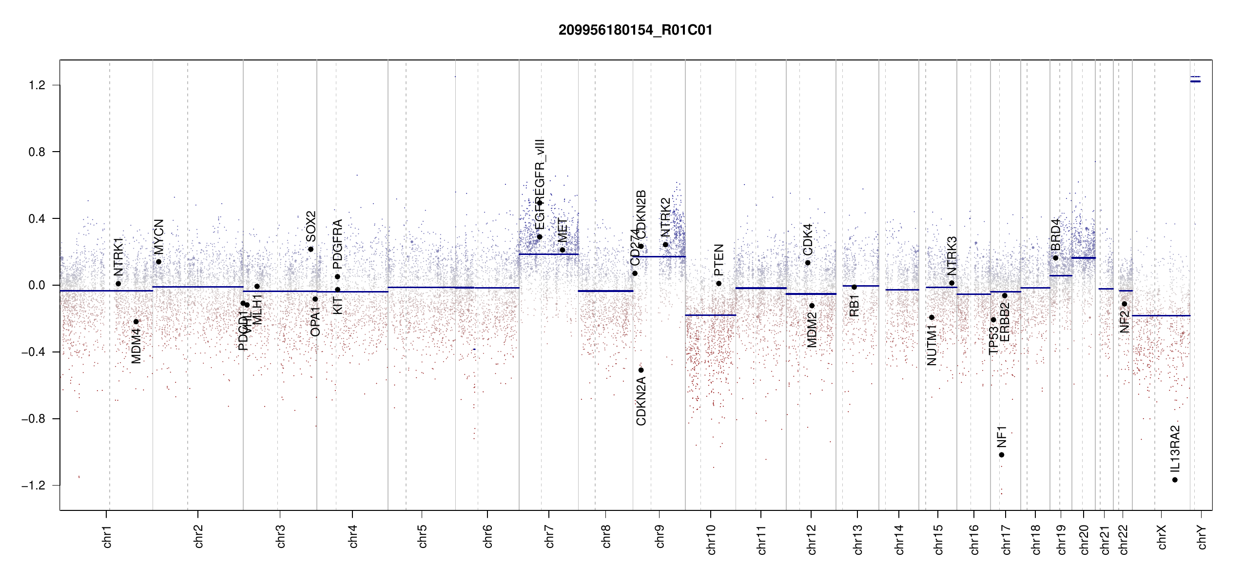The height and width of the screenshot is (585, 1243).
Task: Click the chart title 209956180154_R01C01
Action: click(635, 30)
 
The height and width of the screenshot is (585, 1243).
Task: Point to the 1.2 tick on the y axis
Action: click(37, 85)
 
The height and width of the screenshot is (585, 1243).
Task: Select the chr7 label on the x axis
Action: click(549, 536)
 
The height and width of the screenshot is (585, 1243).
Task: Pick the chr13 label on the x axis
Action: click(858, 539)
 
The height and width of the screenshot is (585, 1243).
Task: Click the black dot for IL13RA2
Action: click(1175, 480)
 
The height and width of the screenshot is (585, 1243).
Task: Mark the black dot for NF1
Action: click(1001, 455)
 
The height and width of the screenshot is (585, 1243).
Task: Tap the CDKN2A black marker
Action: click(641, 370)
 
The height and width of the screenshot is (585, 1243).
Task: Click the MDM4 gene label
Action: click(136, 346)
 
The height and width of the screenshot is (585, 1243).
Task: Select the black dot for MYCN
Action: click(158, 262)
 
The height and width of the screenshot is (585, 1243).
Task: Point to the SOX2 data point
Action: click(311, 249)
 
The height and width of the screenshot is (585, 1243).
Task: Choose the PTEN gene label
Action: click(719, 259)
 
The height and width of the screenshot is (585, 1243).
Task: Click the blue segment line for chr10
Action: click(710, 315)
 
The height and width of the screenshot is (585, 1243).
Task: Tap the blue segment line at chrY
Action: click(1195, 81)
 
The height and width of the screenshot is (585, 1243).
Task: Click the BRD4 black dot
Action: click(1056, 258)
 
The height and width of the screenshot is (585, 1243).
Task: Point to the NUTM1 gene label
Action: click(932, 348)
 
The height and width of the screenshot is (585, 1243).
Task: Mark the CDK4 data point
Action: click(808, 263)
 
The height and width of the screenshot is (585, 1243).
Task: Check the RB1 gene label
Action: click(854, 306)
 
